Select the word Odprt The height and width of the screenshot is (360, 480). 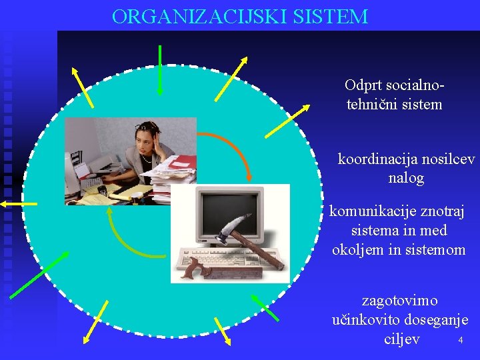pos(361,85)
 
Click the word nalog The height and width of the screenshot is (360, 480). pos(406,179)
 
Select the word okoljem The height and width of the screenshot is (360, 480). pos(359,250)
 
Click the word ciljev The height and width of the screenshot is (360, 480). pos(402,339)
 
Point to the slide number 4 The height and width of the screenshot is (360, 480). pos(460,341)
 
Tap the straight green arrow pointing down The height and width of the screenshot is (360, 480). pos(160,69)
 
